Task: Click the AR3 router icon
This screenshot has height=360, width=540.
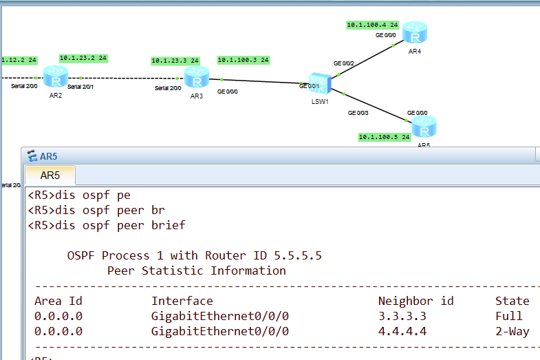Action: [x=197, y=77]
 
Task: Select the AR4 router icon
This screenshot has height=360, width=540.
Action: [x=415, y=33]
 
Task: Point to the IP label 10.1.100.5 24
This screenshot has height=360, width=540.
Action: [x=385, y=137]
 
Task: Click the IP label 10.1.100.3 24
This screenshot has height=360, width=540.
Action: [x=243, y=60]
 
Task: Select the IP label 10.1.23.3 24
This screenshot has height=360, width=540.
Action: [x=175, y=61]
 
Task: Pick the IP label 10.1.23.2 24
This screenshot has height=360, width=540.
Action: [x=83, y=59]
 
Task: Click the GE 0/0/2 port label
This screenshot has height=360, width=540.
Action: [x=343, y=63]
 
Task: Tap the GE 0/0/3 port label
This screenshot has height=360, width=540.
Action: [x=358, y=112]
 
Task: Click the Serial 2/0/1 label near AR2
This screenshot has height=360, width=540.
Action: [x=80, y=87]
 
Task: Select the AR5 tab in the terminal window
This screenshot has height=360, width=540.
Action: [x=50, y=176]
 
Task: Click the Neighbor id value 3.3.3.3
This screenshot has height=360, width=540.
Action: [x=402, y=316]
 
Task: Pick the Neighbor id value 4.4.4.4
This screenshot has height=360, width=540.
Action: [x=402, y=331]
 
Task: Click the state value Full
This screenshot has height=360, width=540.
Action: [x=508, y=316]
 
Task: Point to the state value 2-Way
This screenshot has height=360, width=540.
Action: [x=512, y=331]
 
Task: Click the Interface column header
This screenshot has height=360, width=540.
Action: [x=182, y=301]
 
